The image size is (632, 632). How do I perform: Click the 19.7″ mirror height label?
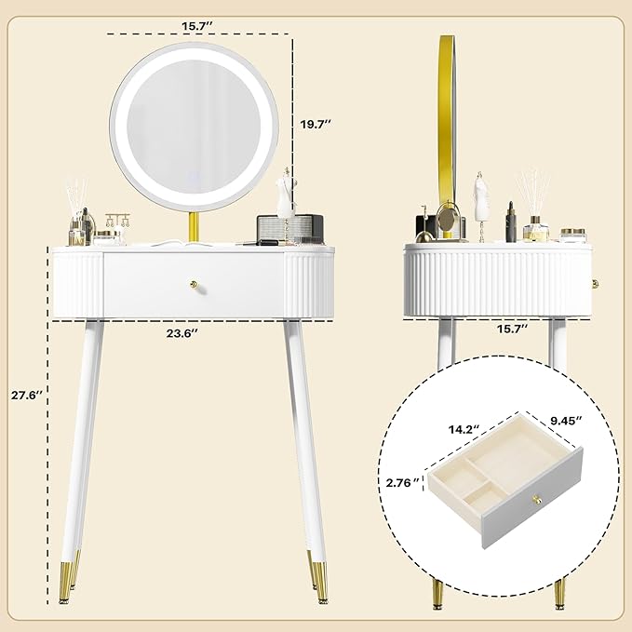[x=316, y=124]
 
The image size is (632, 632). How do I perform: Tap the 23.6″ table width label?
[x=182, y=333]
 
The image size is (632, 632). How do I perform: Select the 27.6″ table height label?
[x=27, y=395]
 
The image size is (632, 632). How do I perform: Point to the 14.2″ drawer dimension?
[x=464, y=429]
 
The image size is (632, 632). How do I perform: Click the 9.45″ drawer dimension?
[x=566, y=420]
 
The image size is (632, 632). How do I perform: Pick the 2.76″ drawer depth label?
[x=402, y=482]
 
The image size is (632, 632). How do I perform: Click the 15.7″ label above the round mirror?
[x=196, y=26]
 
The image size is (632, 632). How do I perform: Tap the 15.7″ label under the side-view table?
[x=512, y=329]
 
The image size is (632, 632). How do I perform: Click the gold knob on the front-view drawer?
[x=195, y=285]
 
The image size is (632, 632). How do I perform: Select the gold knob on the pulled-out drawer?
[x=536, y=500]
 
